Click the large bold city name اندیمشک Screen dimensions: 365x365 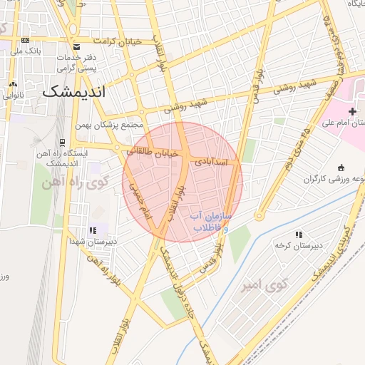pos(73,92)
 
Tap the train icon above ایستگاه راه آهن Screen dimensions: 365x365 pos(62,142)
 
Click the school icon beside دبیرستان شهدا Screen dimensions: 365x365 pos(93,230)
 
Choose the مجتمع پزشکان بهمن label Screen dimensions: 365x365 pos(113,125)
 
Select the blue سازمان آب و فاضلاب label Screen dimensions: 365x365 pos(209,221)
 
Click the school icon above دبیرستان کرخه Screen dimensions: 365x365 pos(298,234)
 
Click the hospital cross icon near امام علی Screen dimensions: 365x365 pos(352,111)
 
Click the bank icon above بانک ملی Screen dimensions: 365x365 pos(26,41)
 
